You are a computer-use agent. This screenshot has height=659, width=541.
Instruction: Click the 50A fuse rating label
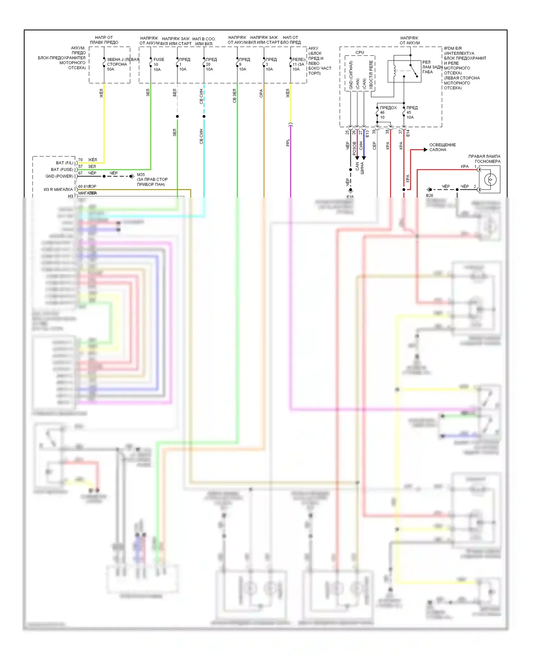[110, 69]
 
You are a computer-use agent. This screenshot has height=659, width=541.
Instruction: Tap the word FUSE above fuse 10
[159, 59]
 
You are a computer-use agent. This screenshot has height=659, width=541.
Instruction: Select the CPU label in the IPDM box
[360, 52]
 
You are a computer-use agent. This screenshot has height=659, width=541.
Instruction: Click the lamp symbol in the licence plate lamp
[490, 179]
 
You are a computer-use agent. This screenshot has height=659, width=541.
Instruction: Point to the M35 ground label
[141, 174]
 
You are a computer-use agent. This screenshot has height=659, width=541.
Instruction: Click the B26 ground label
[430, 195]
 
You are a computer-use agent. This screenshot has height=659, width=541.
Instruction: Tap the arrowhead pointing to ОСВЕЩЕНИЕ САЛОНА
[425, 150]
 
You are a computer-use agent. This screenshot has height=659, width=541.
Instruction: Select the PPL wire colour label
[288, 143]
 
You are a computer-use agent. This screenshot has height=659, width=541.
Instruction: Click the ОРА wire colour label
[261, 94]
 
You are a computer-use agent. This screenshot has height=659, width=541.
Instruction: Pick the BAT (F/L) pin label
[65, 163]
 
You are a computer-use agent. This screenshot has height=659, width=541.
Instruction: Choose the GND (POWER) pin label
[59, 176]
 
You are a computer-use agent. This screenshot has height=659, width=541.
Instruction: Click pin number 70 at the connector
[80, 160]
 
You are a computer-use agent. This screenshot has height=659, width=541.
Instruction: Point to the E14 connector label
[408, 133]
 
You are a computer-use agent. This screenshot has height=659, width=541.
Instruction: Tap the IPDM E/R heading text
[453, 48]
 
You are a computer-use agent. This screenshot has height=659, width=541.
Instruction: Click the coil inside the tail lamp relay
[395, 71]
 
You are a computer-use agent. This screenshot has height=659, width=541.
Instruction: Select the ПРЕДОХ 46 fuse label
[388, 108]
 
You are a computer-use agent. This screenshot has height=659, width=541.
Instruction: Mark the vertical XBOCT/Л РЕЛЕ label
[371, 75]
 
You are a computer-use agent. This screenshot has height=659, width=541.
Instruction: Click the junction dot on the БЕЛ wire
[177, 116]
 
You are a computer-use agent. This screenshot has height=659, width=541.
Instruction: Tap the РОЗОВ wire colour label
[355, 149]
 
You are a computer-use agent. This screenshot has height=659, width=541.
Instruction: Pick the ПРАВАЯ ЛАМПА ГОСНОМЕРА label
[484, 159]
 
